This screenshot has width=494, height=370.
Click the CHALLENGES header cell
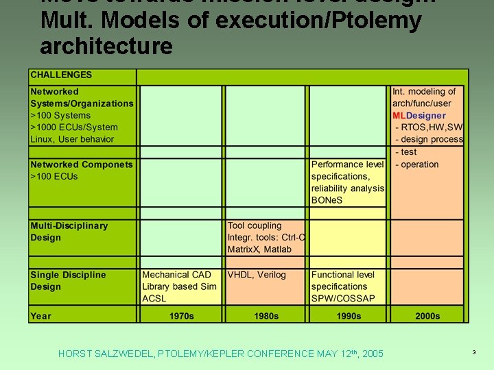coord(61,75)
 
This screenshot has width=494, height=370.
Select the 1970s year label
coord(182,316)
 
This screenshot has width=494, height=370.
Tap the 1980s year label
coord(266,316)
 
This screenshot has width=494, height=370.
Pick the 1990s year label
coord(349,316)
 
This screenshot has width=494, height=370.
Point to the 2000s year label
coord(427,316)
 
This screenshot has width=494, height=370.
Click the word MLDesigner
coord(419,116)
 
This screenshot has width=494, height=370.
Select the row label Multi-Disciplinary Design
coord(69,232)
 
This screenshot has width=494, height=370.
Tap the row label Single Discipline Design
coord(68,281)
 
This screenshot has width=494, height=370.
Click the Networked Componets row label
coord(82,164)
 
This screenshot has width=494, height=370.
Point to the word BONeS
coord(327,200)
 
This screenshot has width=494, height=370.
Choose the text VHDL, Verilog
coord(257,275)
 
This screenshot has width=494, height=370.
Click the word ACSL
coord(154,298)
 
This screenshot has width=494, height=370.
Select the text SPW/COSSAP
coord(343,298)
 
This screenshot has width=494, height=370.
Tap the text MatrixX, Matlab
coord(259,249)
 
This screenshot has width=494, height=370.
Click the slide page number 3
coord(473,352)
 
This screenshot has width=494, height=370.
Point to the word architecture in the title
coord(106,47)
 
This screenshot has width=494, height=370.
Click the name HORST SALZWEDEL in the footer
coord(106,354)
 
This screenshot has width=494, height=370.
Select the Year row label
coord(40,316)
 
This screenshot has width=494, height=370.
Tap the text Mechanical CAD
coord(176,275)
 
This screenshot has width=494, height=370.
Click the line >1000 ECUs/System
coord(74,127)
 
